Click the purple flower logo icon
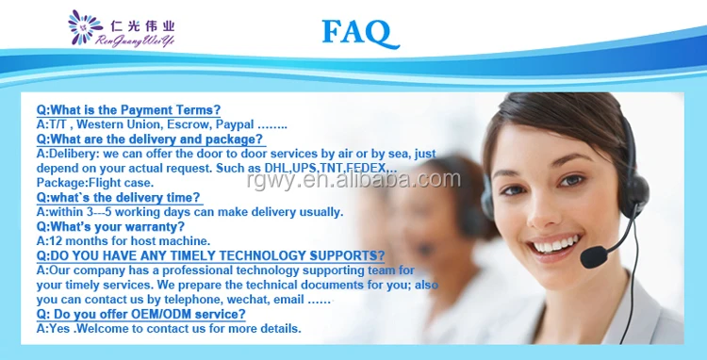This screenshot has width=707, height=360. pyautogui.click(x=82, y=28)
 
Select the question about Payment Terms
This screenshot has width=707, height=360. pyautogui.click(x=128, y=109)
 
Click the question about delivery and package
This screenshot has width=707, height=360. pyautogui.click(x=150, y=139)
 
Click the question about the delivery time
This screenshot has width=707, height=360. pyautogui.click(x=119, y=197)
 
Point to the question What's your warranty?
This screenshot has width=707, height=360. pyautogui.click(x=110, y=226)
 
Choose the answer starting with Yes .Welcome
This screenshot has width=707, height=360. pyautogui.click(x=169, y=329)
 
